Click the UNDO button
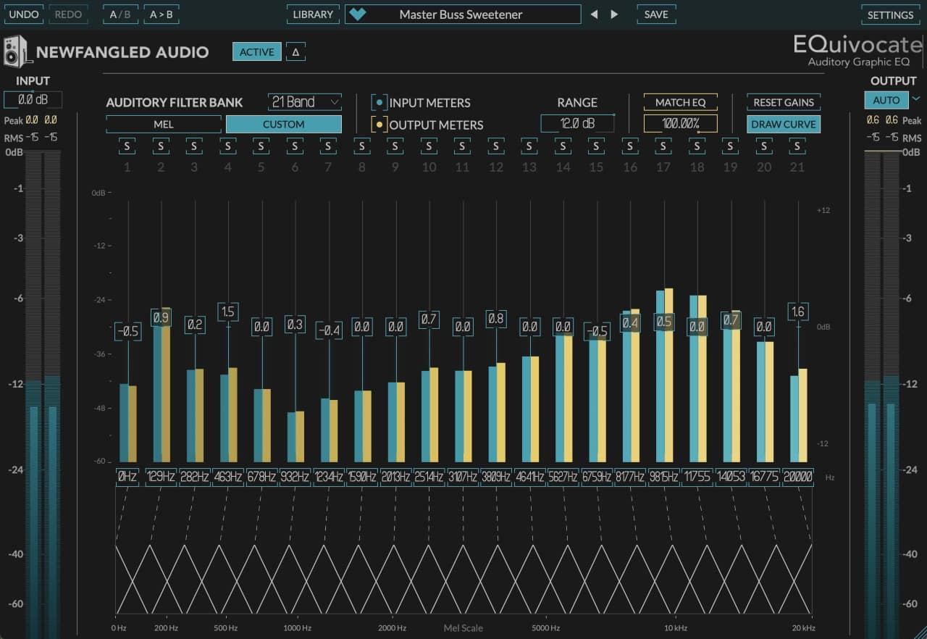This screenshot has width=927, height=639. pos(24,14)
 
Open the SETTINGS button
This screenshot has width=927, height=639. pos(890,14)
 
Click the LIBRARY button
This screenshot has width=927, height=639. pos(313,14)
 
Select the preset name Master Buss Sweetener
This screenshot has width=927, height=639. pos(461,14)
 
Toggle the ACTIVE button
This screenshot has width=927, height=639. pos(256,52)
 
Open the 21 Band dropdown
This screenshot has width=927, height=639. pos(305,102)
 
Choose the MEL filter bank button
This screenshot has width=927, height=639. pos(164,124)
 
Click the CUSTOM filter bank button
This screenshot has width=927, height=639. pos(283,124)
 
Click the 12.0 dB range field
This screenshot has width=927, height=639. pos(576,124)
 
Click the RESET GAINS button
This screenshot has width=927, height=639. pos(784,102)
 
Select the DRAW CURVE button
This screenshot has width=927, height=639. pos(784,124)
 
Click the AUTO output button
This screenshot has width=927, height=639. pos(886,100)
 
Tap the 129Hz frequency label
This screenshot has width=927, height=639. pos(161,477)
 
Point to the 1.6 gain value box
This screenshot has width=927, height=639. pos(798,312)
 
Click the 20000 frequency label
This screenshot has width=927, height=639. pos(798,477)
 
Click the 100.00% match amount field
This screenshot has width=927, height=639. pos(681,124)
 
